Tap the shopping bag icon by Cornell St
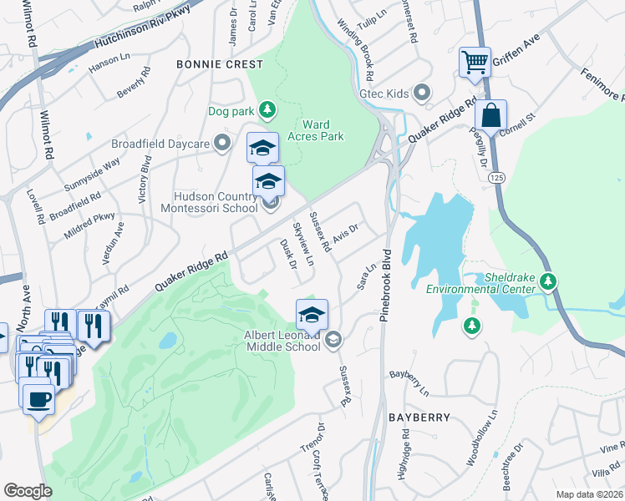(490, 115)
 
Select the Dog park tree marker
(266, 109)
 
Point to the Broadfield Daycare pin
(221, 144)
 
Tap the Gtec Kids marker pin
(422, 93)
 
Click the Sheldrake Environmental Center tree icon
(548, 281)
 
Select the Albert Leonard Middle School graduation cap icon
(312, 315)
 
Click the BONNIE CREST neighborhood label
(215, 64)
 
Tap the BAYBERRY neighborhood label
(419, 417)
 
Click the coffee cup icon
(38, 397)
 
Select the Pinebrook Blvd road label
(386, 281)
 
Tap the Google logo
(28, 491)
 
